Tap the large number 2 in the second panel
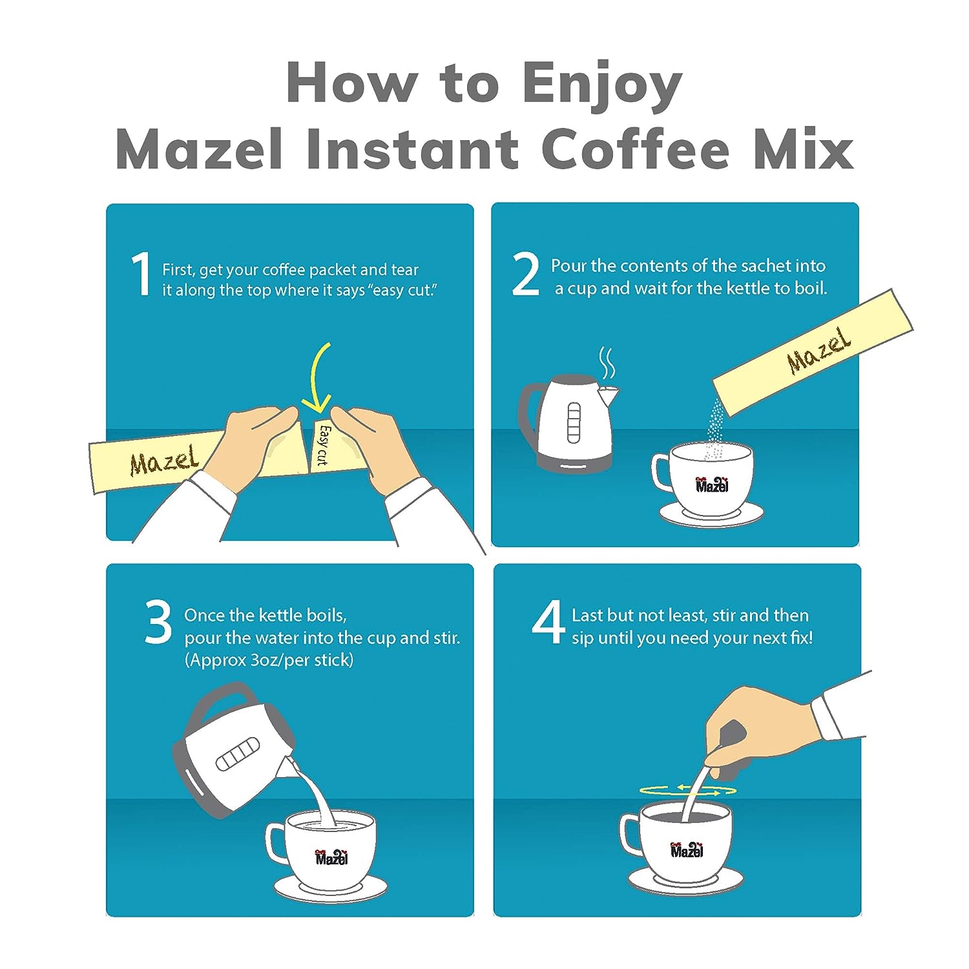click(525, 275)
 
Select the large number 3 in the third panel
click(158, 622)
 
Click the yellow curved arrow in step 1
click(323, 381)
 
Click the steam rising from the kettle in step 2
click(607, 363)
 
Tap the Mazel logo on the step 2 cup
click(712, 484)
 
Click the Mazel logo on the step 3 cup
click(332, 857)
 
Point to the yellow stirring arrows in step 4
click(687, 790)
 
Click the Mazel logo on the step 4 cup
click(687, 849)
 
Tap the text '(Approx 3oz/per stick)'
click(269, 660)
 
